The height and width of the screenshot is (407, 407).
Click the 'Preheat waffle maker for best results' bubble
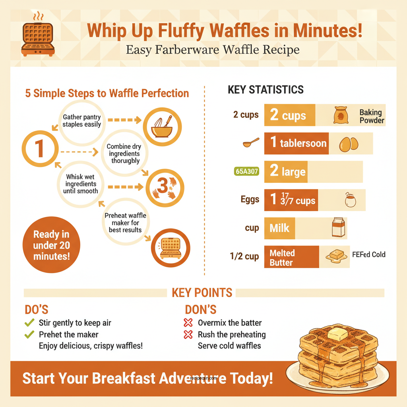125,222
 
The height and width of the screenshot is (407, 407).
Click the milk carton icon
338,228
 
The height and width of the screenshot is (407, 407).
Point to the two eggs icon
349,143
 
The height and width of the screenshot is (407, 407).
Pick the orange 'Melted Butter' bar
291,257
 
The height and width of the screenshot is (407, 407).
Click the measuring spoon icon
251,143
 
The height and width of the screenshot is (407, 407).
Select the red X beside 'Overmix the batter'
188,323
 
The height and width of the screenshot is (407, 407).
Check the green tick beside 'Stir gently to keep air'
29,323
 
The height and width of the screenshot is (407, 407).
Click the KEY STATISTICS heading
266,90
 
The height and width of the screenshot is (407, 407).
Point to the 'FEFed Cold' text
368,254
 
